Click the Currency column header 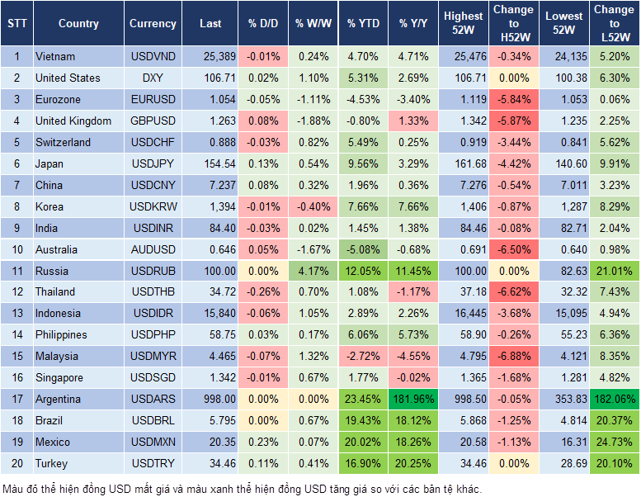tap(153, 24)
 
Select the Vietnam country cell tap(55, 57)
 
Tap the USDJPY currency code tap(153, 163)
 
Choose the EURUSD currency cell tap(153, 100)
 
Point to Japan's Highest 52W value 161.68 tap(463, 163)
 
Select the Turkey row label tap(51, 463)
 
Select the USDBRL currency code tap(153, 421)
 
